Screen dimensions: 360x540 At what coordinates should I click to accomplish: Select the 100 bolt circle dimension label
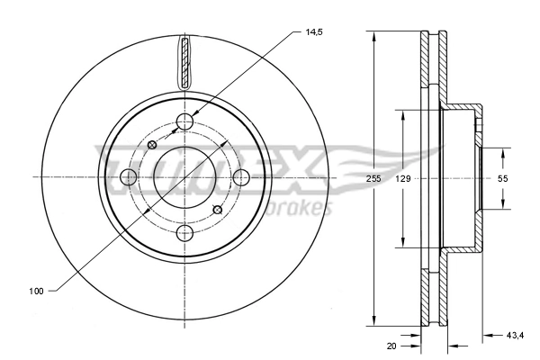point(37,291)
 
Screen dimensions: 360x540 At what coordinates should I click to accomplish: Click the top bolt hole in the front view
point(185,121)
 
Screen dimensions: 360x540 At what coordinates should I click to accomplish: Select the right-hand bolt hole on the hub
point(241,178)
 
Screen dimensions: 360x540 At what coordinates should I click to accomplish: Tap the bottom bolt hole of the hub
point(185,234)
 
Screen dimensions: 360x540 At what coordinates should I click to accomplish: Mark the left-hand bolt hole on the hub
point(129,178)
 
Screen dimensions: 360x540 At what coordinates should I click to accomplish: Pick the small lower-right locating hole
point(217,210)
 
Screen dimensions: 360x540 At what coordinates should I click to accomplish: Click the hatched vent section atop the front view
point(185,63)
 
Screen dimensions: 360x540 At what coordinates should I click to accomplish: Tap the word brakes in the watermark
point(301,208)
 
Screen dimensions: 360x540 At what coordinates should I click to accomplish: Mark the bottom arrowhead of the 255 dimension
point(373,320)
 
